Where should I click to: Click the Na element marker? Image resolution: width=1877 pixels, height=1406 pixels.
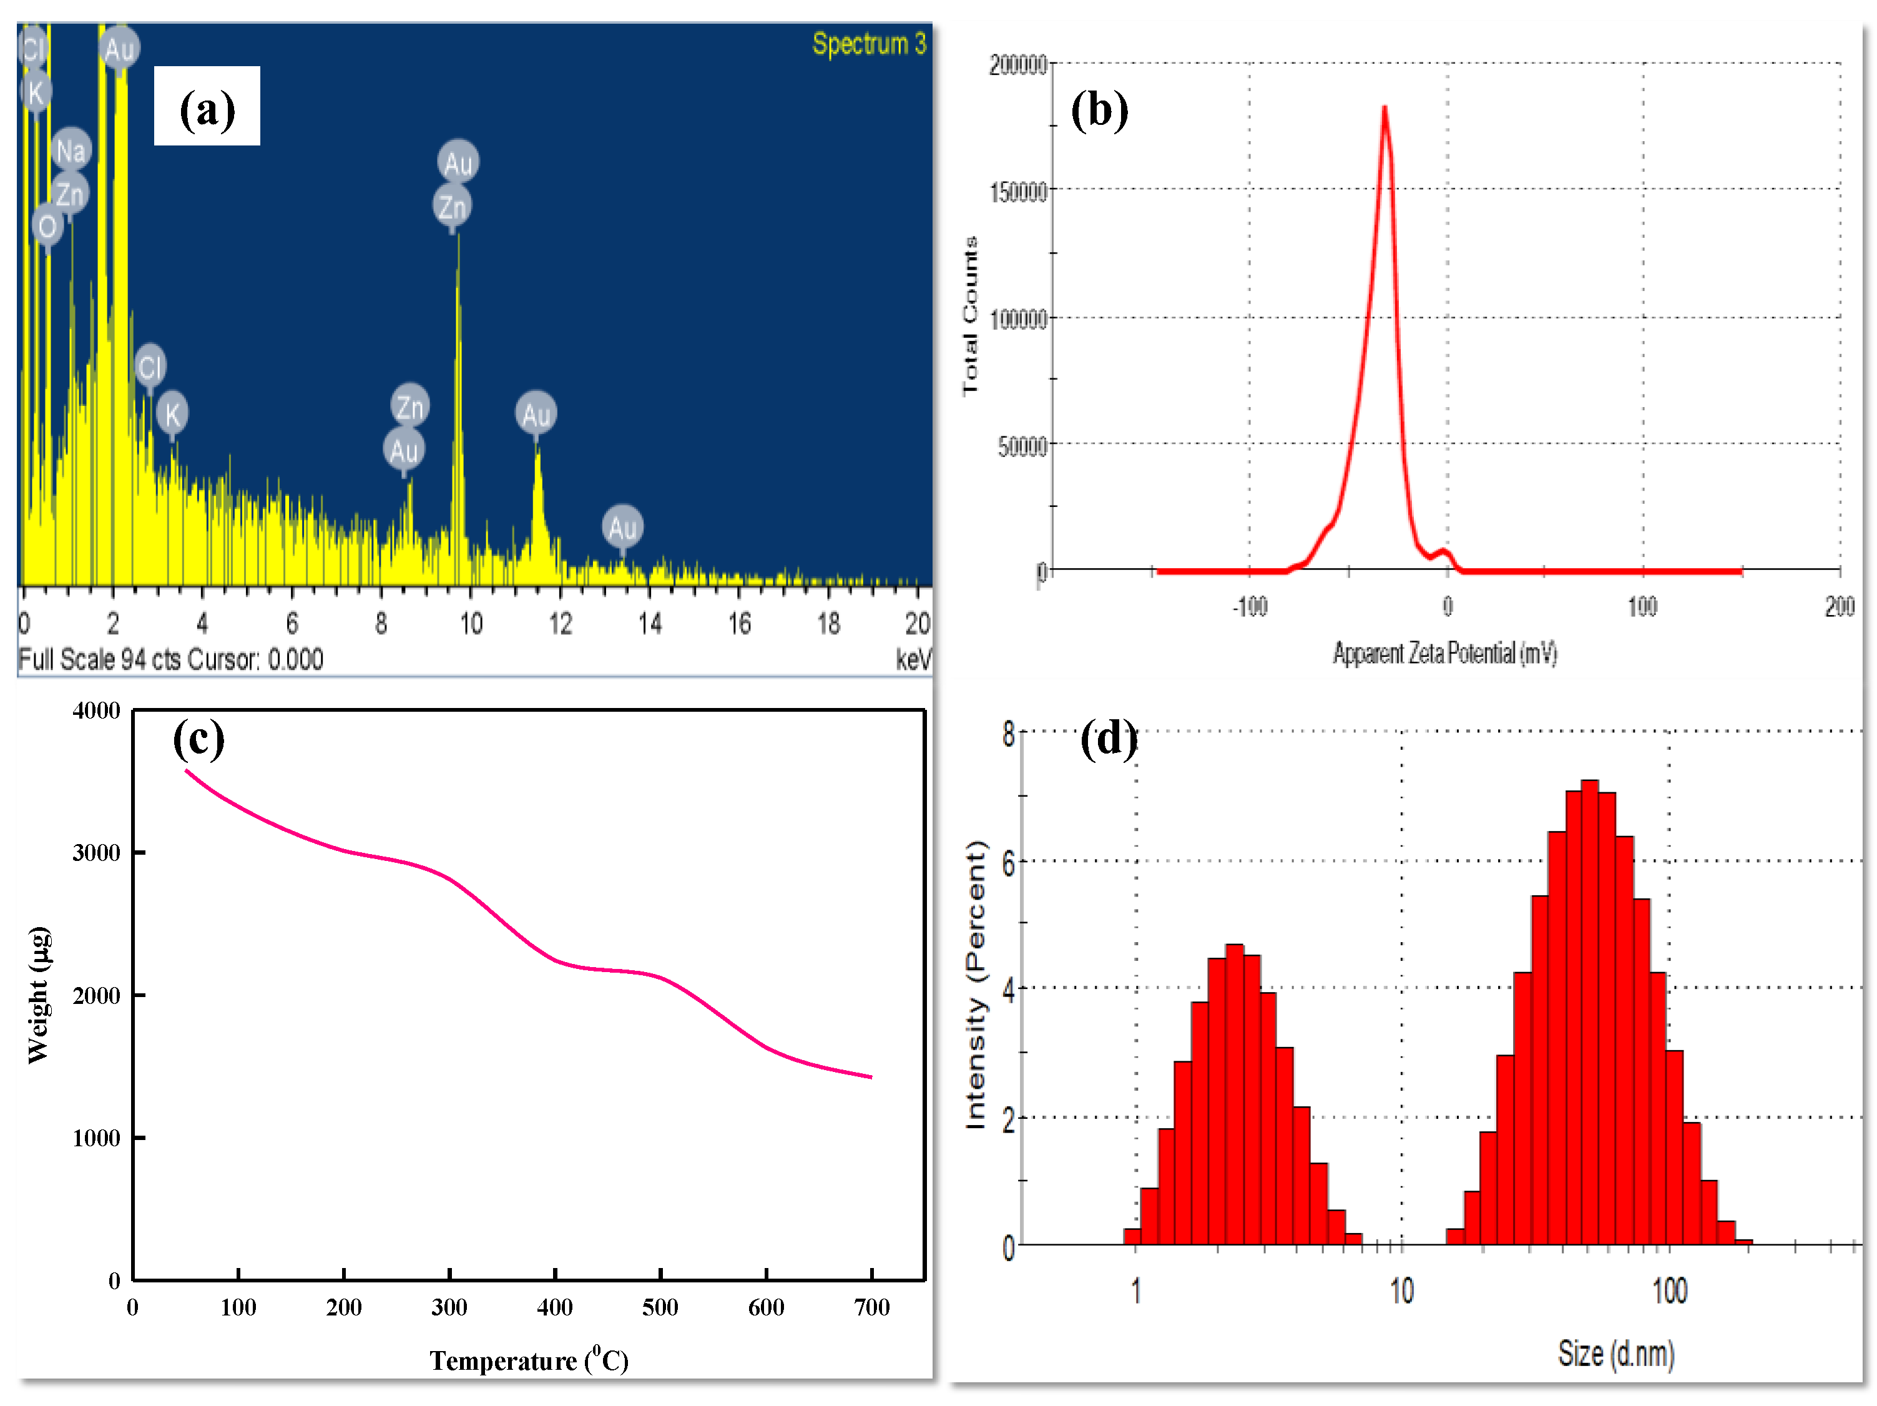(x=71, y=151)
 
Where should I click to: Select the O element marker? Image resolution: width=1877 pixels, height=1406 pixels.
(x=47, y=226)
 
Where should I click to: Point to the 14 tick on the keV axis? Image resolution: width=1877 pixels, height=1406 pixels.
(x=650, y=624)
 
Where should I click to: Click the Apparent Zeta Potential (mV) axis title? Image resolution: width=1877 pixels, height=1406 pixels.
(x=1444, y=652)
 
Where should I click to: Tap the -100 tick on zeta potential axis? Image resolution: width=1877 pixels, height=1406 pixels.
(x=1249, y=606)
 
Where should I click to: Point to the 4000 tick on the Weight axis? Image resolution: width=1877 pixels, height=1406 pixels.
(x=96, y=711)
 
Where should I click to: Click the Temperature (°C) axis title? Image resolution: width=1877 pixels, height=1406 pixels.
(x=528, y=1360)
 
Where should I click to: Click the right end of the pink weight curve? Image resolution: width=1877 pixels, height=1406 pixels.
(x=871, y=1077)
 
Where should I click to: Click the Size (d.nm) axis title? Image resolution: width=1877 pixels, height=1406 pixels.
(x=1615, y=1354)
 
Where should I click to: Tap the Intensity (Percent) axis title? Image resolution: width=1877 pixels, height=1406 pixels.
(x=977, y=985)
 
